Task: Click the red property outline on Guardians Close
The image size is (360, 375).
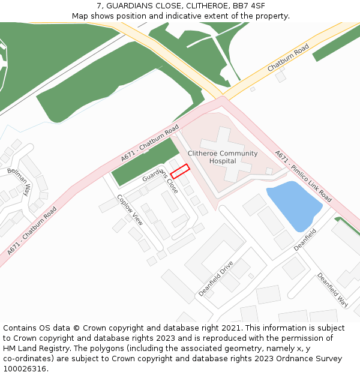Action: (180, 171)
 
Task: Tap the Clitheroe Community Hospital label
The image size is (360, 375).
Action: (223, 157)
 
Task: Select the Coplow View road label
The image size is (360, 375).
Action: (130, 210)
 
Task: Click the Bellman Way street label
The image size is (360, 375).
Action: (19, 182)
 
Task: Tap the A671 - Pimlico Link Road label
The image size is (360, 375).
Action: (303, 176)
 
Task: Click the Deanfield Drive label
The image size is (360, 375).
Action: (216, 278)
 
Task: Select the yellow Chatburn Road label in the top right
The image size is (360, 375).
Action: (288, 58)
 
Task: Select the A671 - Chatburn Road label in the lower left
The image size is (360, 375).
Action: (32, 231)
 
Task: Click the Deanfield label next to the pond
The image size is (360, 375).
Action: (305, 239)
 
